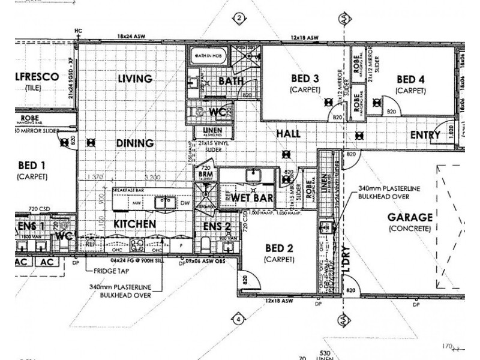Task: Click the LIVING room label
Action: [135, 78]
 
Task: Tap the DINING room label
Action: [135, 143]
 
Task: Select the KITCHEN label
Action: [135, 224]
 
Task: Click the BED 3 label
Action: [306, 79]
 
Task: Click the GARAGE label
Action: [410, 217]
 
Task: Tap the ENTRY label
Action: [425, 135]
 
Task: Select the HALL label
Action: [289, 134]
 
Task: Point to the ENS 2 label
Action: [217, 226]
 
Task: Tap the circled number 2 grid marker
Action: [239, 18]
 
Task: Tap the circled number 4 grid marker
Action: [239, 319]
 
